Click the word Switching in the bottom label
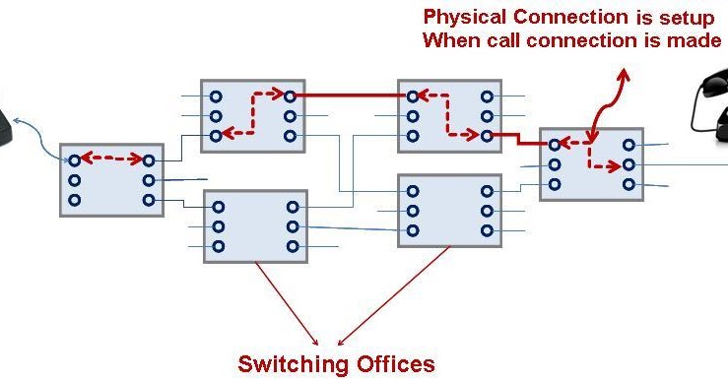point(291,364)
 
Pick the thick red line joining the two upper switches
point(350,96)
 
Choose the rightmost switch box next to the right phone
point(591,163)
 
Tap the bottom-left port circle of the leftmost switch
point(74,200)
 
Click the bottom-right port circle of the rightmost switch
point(629,183)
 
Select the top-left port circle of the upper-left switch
point(216,96)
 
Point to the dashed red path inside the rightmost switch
point(591,153)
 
